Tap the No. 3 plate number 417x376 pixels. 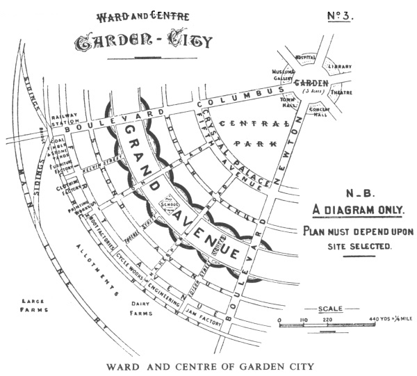click(340, 16)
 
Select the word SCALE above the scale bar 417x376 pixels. click(329, 309)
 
